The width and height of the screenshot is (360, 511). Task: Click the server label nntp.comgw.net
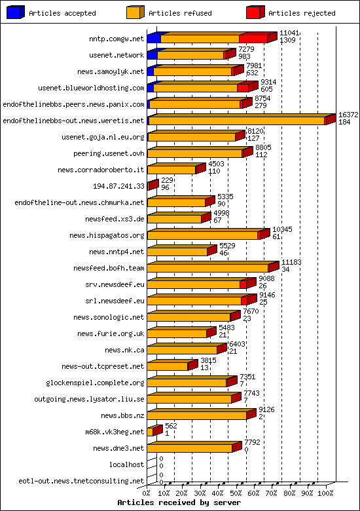click(x=117, y=39)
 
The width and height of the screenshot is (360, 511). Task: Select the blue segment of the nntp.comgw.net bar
click(x=154, y=39)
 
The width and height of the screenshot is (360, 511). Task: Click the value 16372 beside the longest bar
click(x=348, y=114)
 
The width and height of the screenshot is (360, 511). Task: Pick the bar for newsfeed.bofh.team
click(x=207, y=268)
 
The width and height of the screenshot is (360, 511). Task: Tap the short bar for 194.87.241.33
click(x=153, y=186)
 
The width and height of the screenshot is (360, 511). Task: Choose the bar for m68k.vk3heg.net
click(x=153, y=432)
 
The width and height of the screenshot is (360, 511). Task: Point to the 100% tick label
click(x=325, y=493)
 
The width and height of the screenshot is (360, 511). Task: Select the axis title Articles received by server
click(x=179, y=502)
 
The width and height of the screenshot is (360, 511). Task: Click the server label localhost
click(x=126, y=464)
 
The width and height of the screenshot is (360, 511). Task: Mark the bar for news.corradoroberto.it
click(x=171, y=170)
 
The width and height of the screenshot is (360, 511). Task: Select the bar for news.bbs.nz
click(x=196, y=415)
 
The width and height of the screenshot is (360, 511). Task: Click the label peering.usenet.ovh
click(x=109, y=153)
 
